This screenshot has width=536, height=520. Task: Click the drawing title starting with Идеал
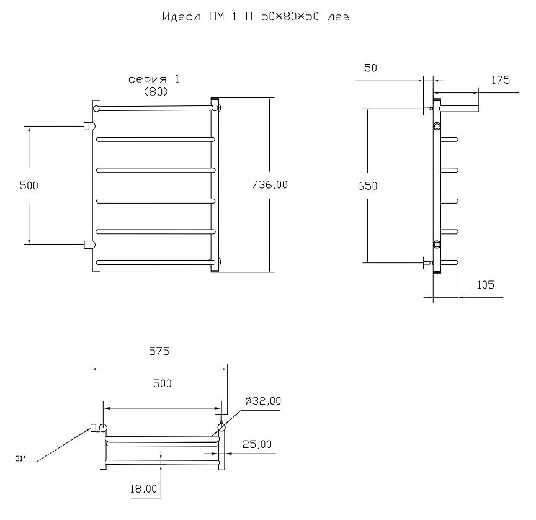pos(256,16)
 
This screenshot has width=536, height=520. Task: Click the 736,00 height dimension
pos(269,185)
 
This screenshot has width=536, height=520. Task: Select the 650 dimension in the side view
pos(367,186)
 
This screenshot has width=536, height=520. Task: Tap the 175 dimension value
pos(501,80)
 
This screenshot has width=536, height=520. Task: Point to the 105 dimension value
pos(485,285)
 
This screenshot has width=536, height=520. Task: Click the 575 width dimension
pos(159,351)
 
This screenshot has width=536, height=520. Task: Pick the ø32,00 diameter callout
pos(263,401)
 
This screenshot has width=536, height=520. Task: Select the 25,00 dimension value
pos(257,444)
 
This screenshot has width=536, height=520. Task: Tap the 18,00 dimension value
pos(143,489)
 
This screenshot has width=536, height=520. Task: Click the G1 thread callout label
pos(20,459)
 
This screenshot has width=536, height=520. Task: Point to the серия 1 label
pos(154,79)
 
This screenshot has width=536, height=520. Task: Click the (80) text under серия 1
pos(156,92)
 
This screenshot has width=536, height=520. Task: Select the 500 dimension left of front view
pos(29,186)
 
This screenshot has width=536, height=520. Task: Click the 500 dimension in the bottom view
pos(163,383)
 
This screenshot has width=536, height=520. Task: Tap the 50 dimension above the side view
pos(370,68)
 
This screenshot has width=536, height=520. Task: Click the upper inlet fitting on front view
pos(89,126)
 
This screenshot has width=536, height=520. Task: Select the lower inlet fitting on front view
pos(89,244)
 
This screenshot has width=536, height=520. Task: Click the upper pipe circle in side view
pos(437,126)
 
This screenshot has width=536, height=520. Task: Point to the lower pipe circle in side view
pos(437,244)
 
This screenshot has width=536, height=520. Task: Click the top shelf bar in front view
pos(156,108)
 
